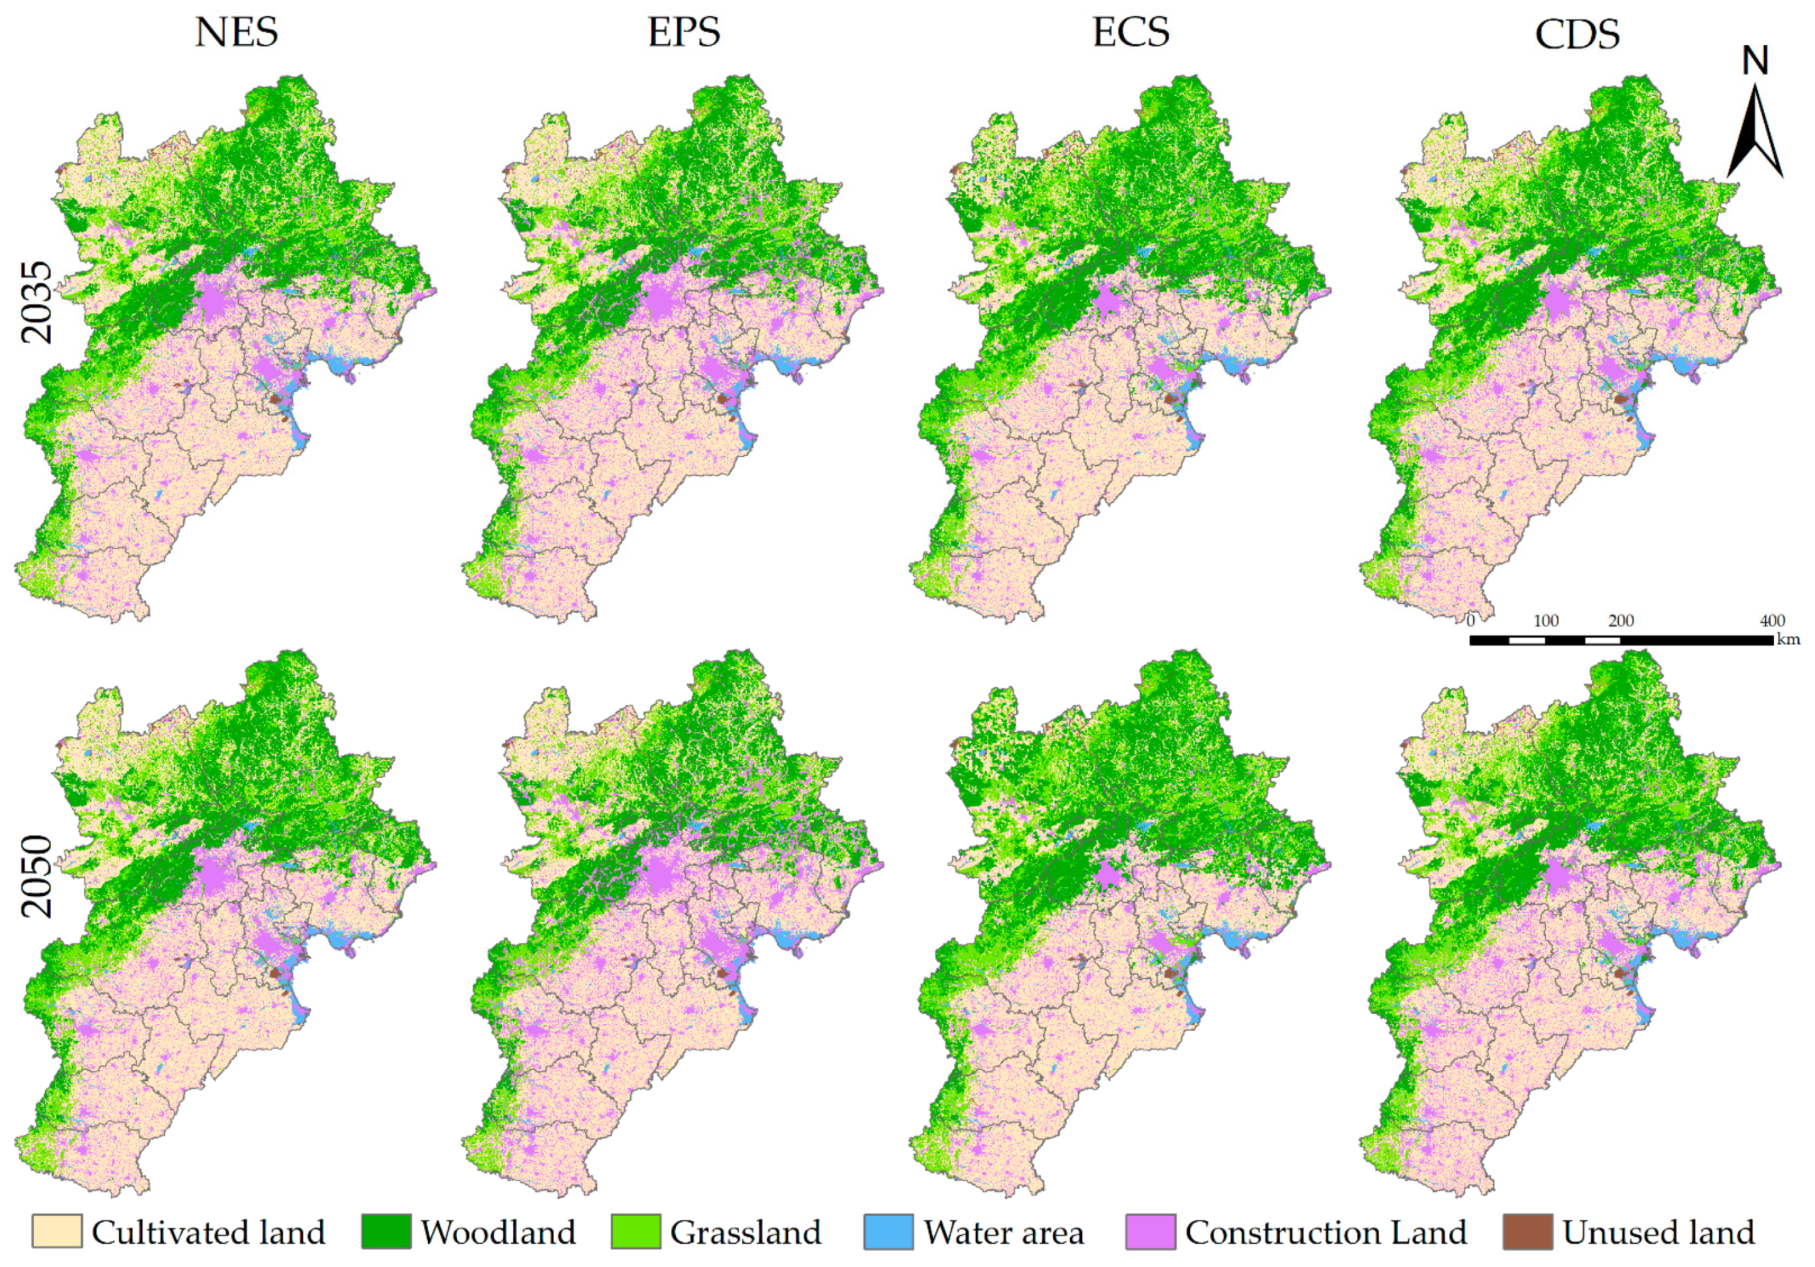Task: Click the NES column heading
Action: (x=236, y=33)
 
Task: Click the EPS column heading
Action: (x=684, y=33)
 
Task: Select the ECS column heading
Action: (x=1130, y=33)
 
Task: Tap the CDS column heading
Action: (x=1577, y=34)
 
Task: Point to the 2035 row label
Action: (x=37, y=303)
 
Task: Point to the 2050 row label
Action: (x=37, y=876)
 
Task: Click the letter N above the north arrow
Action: (x=1755, y=61)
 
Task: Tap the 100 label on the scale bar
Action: (x=1546, y=621)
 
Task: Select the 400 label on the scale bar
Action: (x=1772, y=621)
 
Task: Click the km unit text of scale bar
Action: (x=1788, y=639)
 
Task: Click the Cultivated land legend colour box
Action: (x=57, y=1231)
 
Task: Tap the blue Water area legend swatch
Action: (x=888, y=1231)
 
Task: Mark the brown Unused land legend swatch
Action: (x=1527, y=1231)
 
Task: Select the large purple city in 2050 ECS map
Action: (x=1108, y=876)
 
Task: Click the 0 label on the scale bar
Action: (x=1470, y=621)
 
